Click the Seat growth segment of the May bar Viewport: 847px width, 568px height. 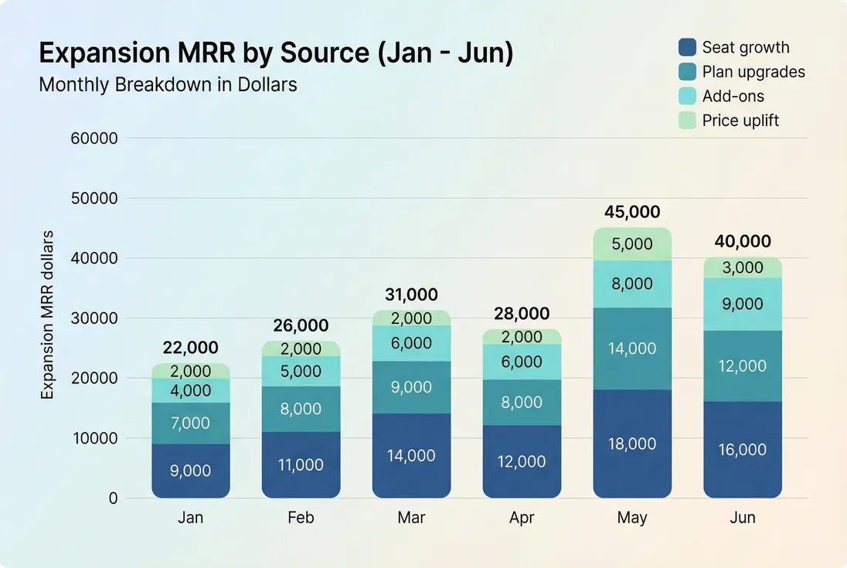coord(632,444)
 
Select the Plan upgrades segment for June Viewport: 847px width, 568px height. coord(743,366)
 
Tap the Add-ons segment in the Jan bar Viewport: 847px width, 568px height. coord(191,390)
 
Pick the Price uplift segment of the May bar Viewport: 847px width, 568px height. coord(632,244)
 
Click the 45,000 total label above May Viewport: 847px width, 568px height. coord(632,212)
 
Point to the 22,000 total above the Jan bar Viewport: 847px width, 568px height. coord(191,348)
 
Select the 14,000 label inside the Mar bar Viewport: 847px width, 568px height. coord(411,456)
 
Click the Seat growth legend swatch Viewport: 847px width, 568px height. coord(688,47)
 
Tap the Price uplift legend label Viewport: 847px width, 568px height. coord(740,121)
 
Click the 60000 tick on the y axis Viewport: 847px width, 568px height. coord(94,139)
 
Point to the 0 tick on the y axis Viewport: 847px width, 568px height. coord(113,498)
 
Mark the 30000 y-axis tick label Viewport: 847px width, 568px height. coord(94,318)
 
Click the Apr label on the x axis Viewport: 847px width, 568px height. coord(522,518)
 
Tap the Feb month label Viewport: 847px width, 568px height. coord(301,518)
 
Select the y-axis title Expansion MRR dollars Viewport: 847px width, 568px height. coord(47,315)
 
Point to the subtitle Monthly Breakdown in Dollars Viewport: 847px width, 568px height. coord(168,84)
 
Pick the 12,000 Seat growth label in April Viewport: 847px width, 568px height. coord(522,461)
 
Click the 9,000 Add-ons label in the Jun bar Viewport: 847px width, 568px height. coord(743,304)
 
